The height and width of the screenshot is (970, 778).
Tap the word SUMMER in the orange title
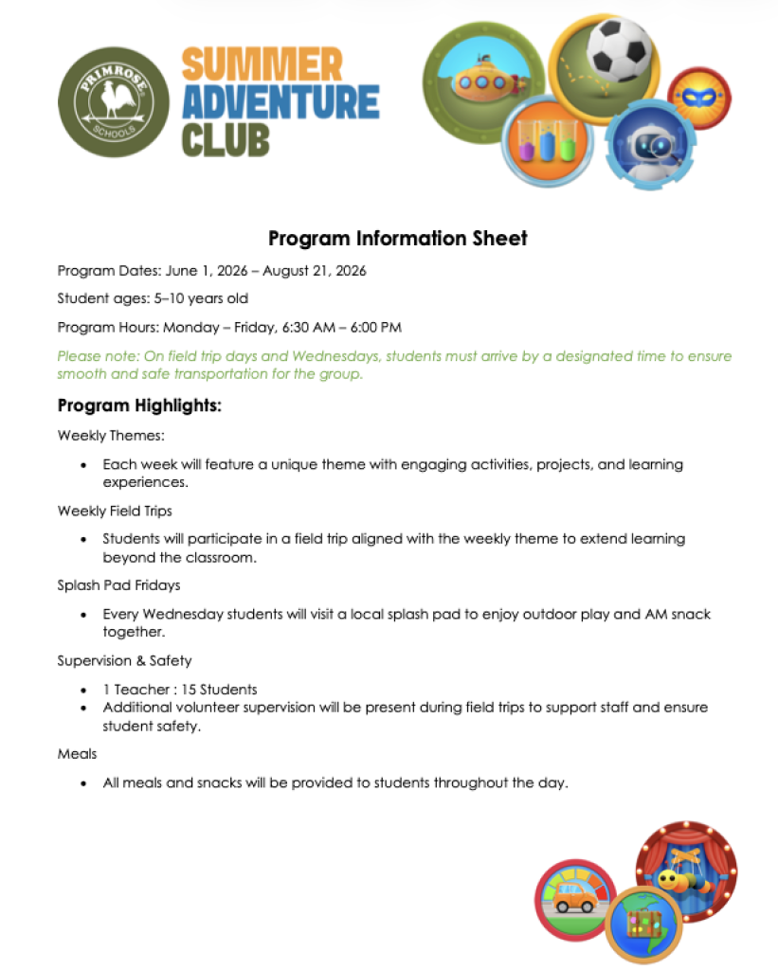click(262, 65)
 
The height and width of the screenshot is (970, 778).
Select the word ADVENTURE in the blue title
click(280, 102)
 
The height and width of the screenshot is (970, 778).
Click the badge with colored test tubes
click(545, 143)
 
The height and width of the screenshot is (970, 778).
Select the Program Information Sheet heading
click(397, 238)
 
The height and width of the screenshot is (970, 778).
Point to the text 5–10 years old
click(201, 299)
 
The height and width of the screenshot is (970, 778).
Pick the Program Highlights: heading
click(139, 405)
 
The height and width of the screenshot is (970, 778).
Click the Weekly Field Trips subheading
click(115, 511)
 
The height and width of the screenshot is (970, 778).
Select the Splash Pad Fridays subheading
click(118, 585)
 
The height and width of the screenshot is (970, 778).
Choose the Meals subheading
click(78, 754)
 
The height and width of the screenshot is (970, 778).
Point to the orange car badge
click(575, 898)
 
